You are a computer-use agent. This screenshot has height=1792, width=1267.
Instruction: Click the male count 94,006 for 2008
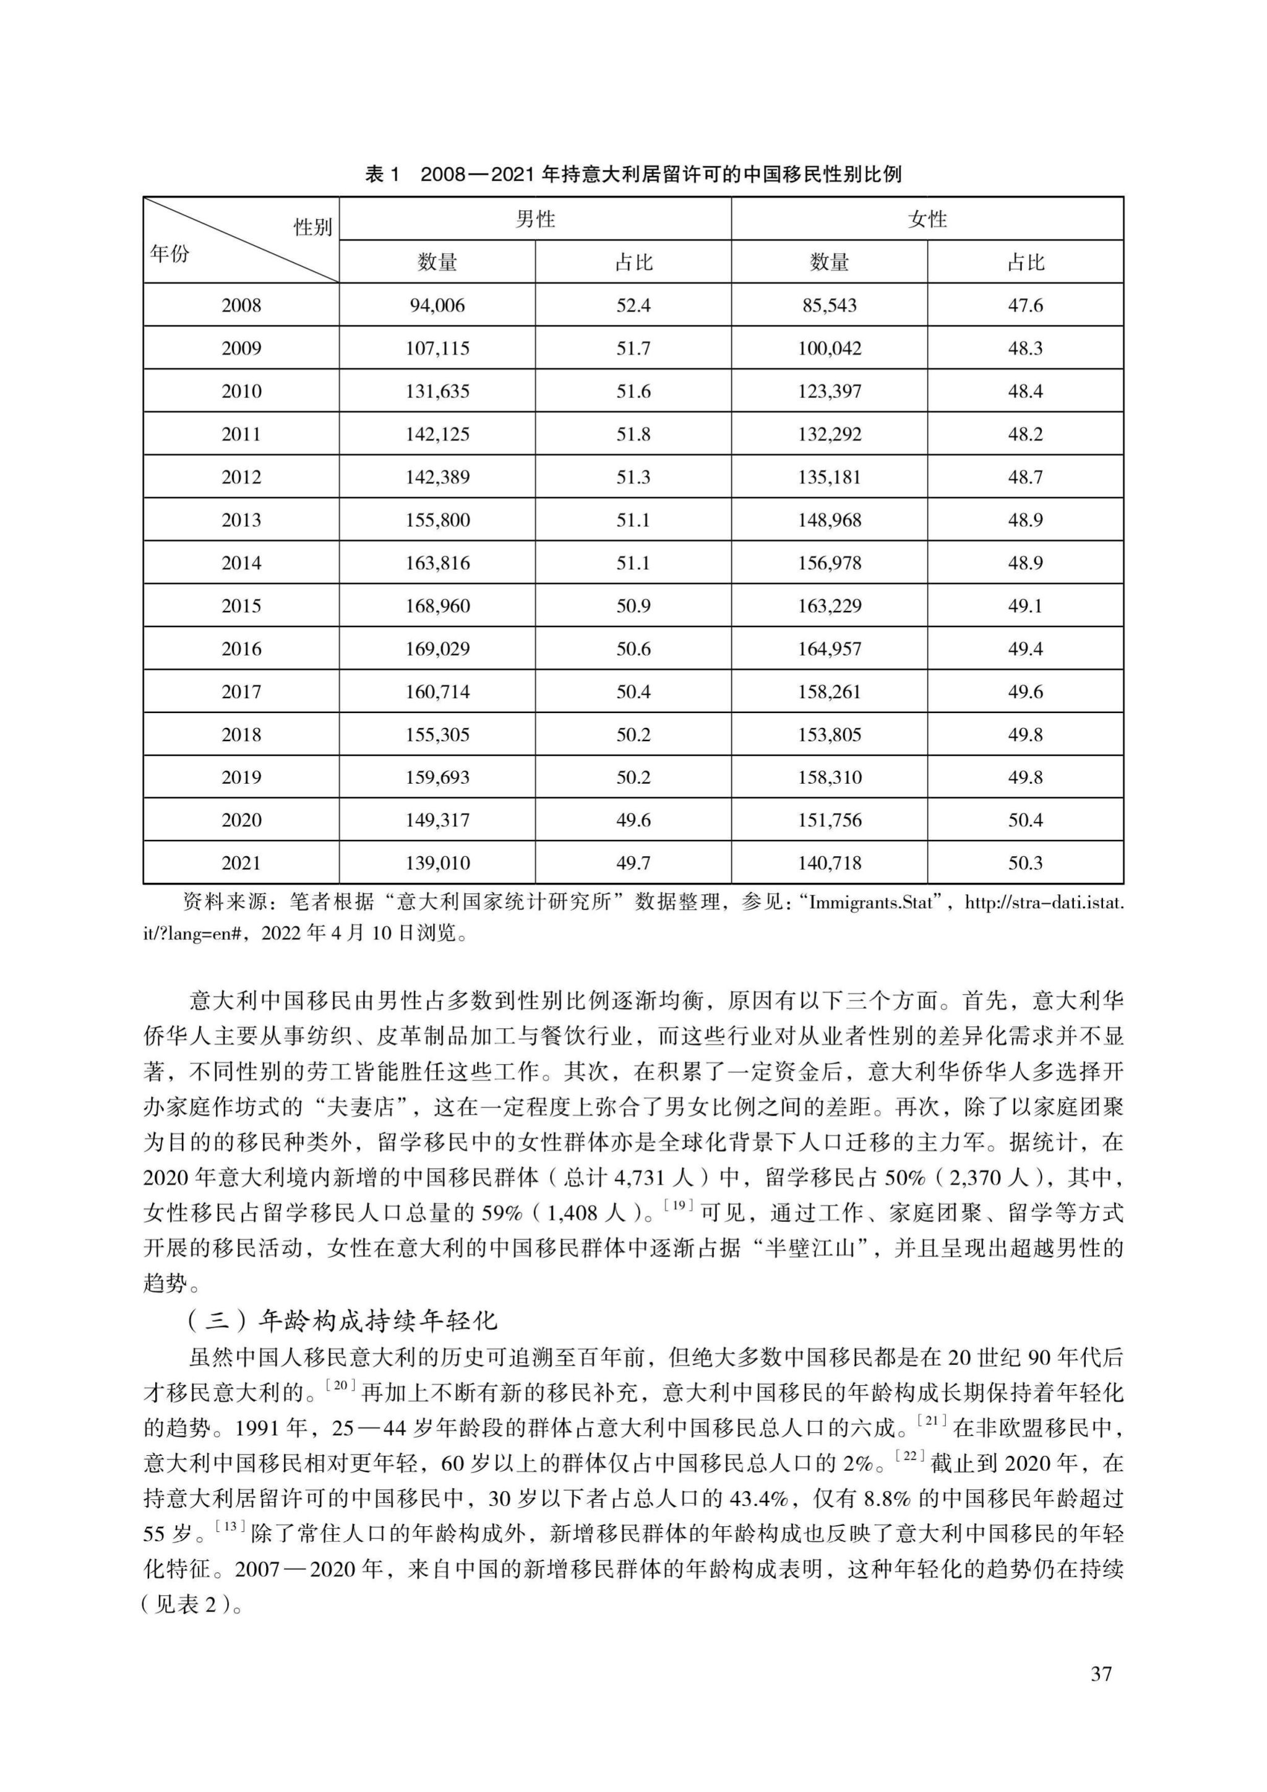437,305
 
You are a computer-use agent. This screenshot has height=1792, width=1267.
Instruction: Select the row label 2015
241,605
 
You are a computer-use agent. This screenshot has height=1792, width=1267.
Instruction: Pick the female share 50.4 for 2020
1025,820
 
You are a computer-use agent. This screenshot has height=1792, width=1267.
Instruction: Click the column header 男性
535,219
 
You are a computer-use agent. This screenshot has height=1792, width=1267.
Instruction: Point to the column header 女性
927,219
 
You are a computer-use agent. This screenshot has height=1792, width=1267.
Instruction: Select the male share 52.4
633,305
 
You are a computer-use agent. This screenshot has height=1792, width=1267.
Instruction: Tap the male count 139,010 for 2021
437,864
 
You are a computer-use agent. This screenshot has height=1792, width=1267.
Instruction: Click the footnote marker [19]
678,1206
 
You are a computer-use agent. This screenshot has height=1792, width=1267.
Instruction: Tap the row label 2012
241,477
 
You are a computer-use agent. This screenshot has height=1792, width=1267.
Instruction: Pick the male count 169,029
437,649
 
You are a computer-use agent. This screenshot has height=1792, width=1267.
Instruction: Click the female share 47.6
1025,305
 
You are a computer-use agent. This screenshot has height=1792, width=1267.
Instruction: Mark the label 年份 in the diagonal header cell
170,254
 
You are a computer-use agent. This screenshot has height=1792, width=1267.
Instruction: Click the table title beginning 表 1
633,174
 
